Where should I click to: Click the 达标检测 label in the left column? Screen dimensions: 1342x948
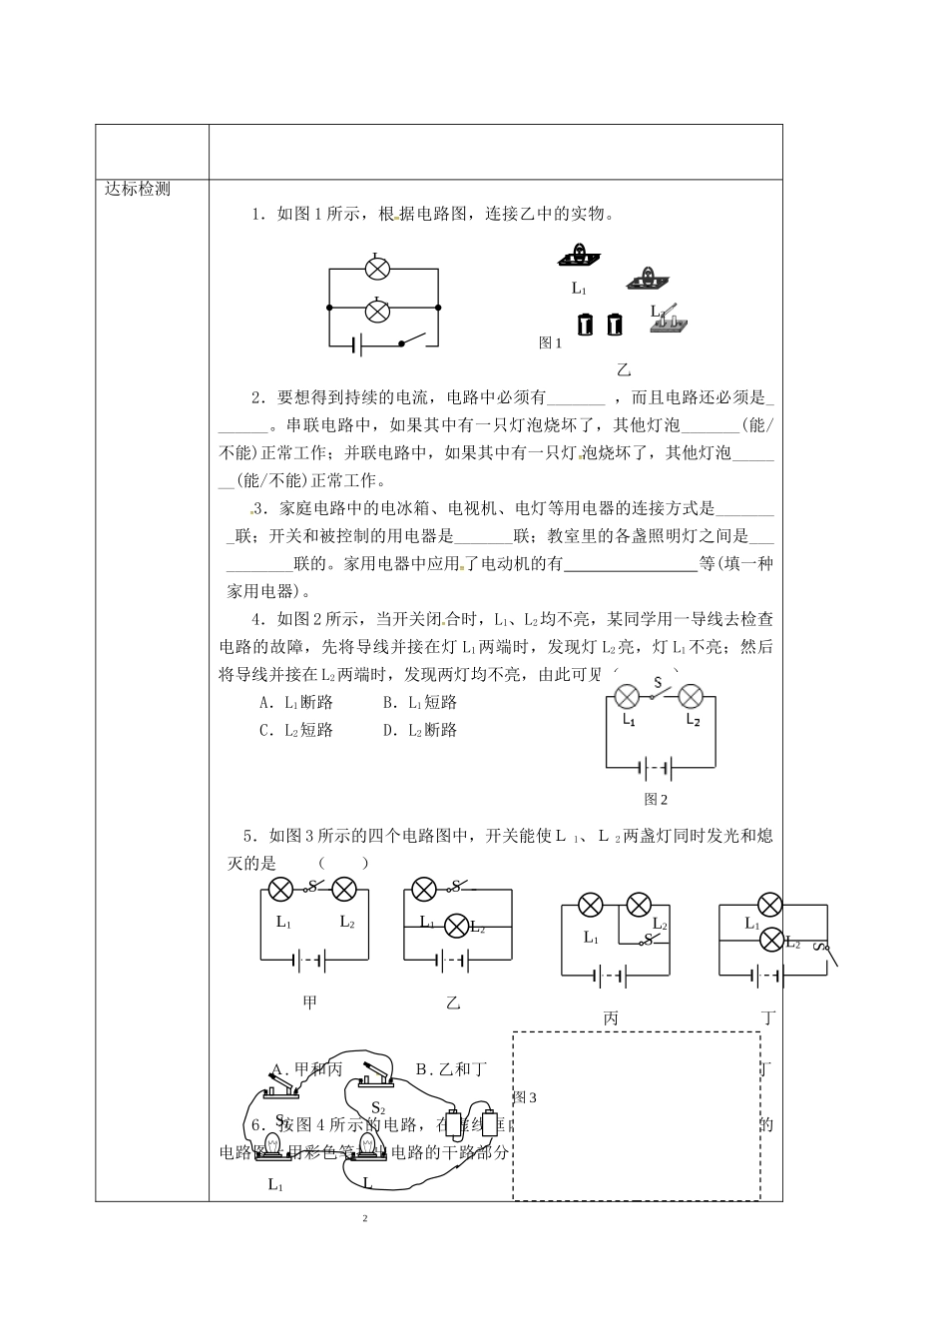point(138,190)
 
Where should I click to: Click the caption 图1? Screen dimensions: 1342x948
point(550,342)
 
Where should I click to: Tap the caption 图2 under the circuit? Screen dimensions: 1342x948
point(656,799)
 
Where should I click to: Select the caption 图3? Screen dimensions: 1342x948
point(525,1097)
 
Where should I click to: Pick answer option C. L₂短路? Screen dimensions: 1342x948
point(295,730)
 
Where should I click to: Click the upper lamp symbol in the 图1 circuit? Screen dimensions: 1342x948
point(376,269)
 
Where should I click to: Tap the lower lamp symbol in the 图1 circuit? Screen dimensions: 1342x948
point(376,311)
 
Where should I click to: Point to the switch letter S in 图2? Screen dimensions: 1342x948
point(657,684)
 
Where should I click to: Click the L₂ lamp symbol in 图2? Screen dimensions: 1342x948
point(691,697)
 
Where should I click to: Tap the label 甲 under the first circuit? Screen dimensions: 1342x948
point(309,1002)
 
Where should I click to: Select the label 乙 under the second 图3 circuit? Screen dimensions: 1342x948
point(454,1002)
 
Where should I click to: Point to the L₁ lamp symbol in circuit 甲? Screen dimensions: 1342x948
point(282,888)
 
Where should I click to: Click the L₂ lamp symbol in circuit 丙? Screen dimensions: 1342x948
point(637,906)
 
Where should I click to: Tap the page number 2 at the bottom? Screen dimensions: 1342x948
point(365,1219)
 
